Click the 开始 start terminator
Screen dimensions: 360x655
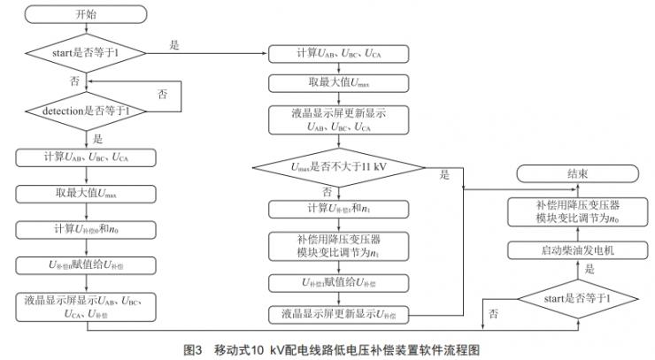pos(88,15)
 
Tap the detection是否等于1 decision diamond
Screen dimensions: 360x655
pos(88,111)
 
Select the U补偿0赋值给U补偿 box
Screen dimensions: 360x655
pos(88,264)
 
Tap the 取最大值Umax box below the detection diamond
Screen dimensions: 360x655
pos(88,193)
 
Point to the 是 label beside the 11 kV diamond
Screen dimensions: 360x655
pos(444,175)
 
